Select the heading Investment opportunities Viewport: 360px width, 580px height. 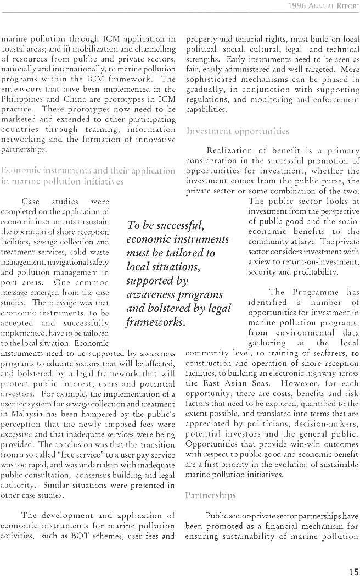click(238, 131)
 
